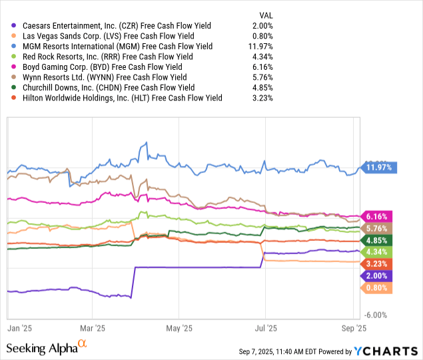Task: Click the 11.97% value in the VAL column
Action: (x=259, y=47)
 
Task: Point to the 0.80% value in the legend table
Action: (x=261, y=36)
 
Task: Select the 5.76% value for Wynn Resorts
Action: (x=261, y=77)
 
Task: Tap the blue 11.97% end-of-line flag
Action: (x=378, y=168)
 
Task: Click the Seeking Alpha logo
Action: (x=47, y=347)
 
